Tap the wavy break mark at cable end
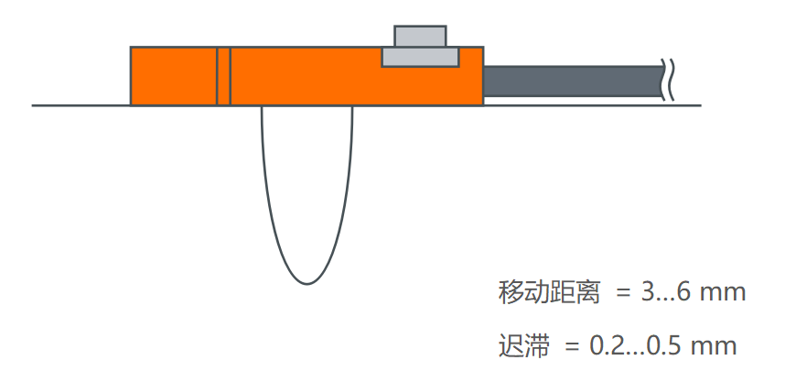coord(671,81)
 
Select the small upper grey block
coord(420,37)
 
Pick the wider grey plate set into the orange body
coord(420,58)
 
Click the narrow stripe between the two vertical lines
coord(223,76)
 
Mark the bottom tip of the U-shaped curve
coord(307,283)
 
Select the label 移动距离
coord(549,293)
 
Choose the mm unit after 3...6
coord(726,293)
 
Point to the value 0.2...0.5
coord(633,346)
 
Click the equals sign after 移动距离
coord(624,294)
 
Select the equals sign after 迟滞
coord(572,347)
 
